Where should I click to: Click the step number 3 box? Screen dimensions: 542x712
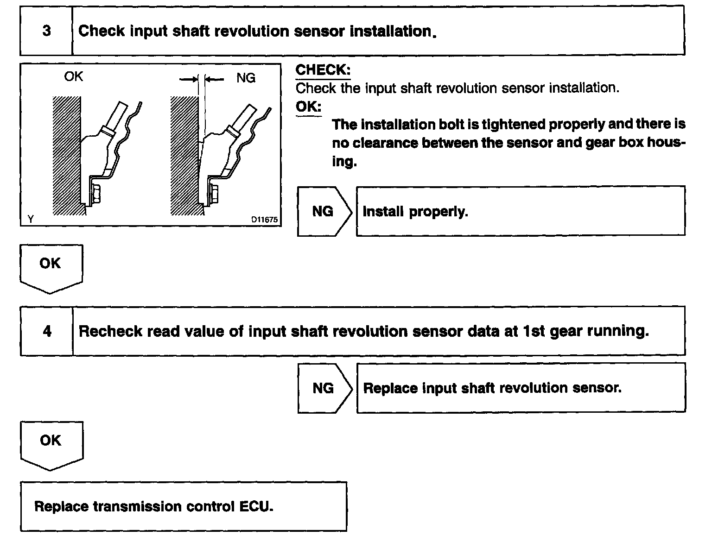(46, 31)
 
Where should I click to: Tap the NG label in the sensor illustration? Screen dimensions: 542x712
(246, 78)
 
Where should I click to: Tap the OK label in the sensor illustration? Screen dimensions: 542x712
(73, 76)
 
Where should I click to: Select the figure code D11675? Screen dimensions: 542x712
(265, 220)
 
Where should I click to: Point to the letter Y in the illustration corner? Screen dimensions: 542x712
(30, 219)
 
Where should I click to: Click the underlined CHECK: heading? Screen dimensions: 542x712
(323, 70)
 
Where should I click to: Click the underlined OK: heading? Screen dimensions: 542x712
(308, 107)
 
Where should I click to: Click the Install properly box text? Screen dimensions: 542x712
(415, 212)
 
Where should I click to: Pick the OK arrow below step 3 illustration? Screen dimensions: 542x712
(51, 266)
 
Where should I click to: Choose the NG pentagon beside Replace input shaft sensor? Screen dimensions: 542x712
(324, 388)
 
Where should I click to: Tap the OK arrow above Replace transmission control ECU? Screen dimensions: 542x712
(51, 443)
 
